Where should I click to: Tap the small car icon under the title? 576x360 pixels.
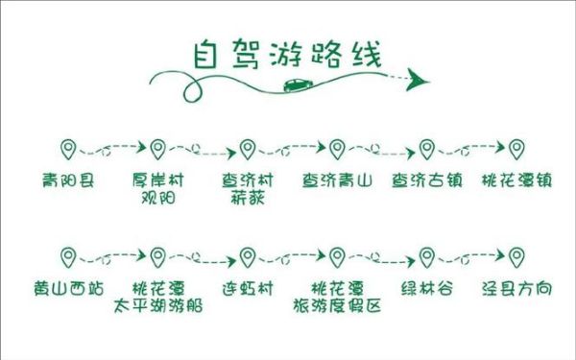[x=296, y=85]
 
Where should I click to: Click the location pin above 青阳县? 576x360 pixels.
[x=68, y=150]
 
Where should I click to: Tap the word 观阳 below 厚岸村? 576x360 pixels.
[x=156, y=199]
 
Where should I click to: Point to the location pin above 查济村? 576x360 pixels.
[x=248, y=150]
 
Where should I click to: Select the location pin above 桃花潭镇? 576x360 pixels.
[x=516, y=150]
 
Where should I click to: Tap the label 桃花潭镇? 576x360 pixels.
[x=516, y=180]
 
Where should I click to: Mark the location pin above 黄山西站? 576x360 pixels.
[x=68, y=257]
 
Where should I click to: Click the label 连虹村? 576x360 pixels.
[x=248, y=288]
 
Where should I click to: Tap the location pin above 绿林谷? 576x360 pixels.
[x=427, y=257]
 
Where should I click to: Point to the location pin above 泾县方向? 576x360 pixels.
[x=516, y=257]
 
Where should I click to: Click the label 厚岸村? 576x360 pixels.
[x=156, y=180]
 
